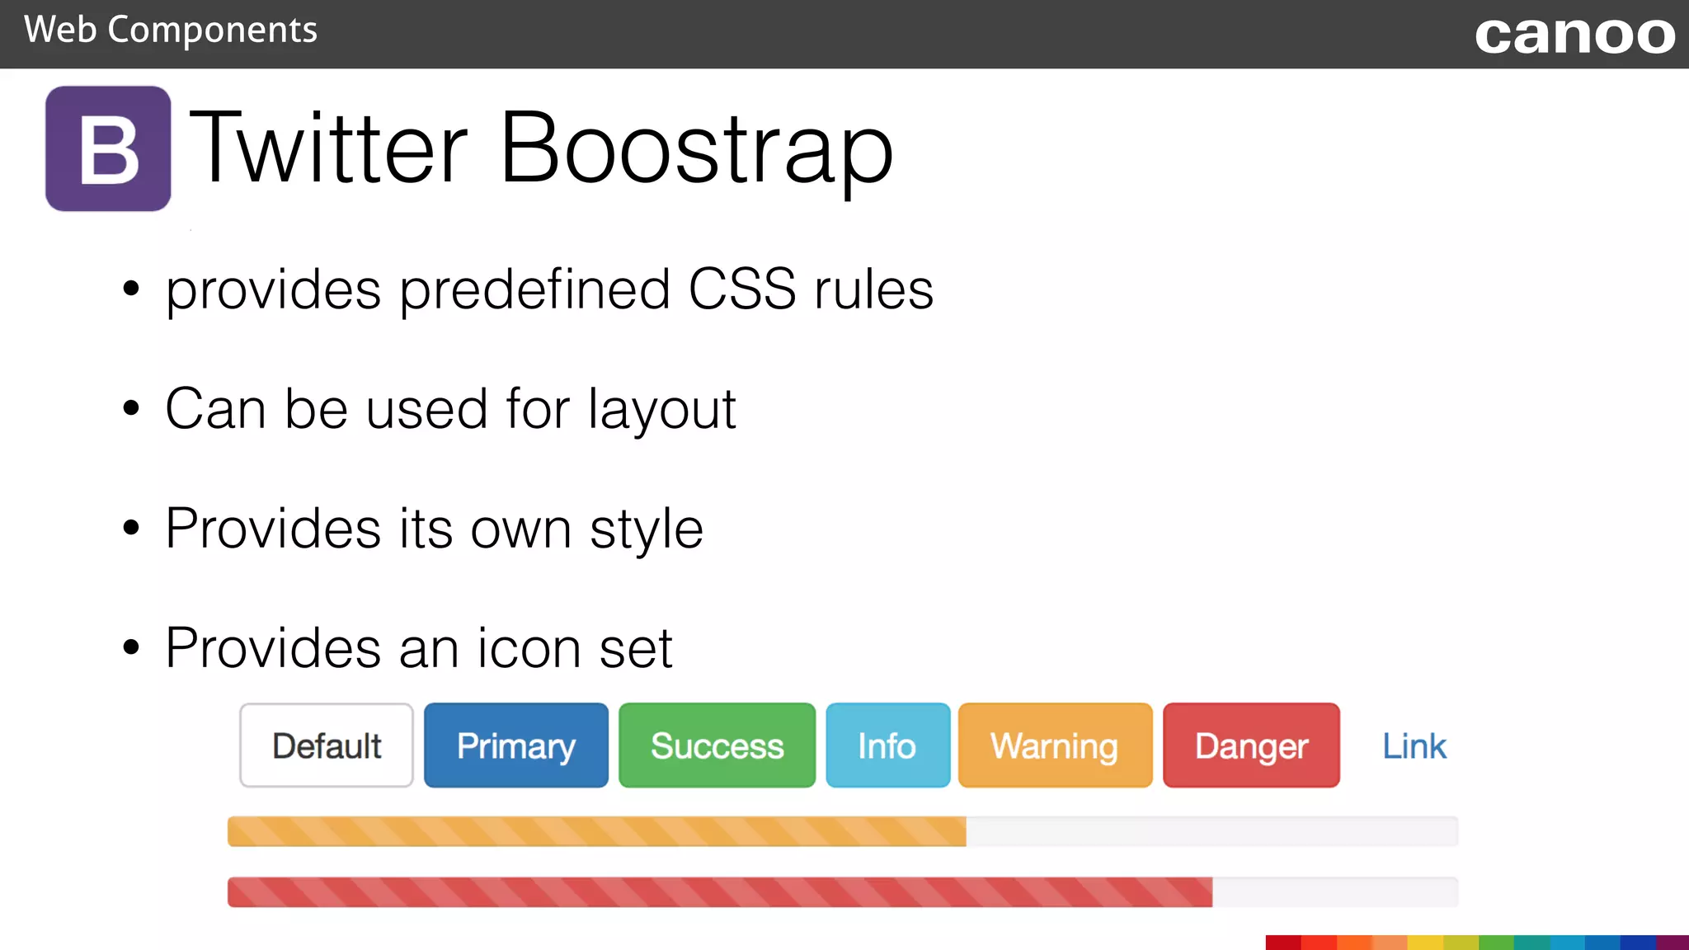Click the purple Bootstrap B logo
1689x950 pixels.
[x=108, y=148]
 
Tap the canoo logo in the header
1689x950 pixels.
[x=1574, y=35]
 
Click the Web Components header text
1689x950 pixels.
[x=170, y=31]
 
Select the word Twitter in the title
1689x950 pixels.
[x=328, y=148]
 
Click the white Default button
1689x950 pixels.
[x=327, y=745]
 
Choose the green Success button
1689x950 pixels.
[x=717, y=745]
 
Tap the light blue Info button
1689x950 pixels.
[x=887, y=745]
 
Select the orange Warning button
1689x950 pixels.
[x=1055, y=745]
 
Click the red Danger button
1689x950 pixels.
[x=1251, y=745]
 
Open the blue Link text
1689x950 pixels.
[x=1414, y=746]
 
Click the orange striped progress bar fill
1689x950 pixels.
[x=595, y=831]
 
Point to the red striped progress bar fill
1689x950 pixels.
[x=719, y=892]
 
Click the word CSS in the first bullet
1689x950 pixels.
[x=741, y=289]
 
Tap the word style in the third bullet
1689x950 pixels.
[x=646, y=529]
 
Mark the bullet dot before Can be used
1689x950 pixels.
[x=131, y=408]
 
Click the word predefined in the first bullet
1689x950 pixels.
[x=534, y=289]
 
